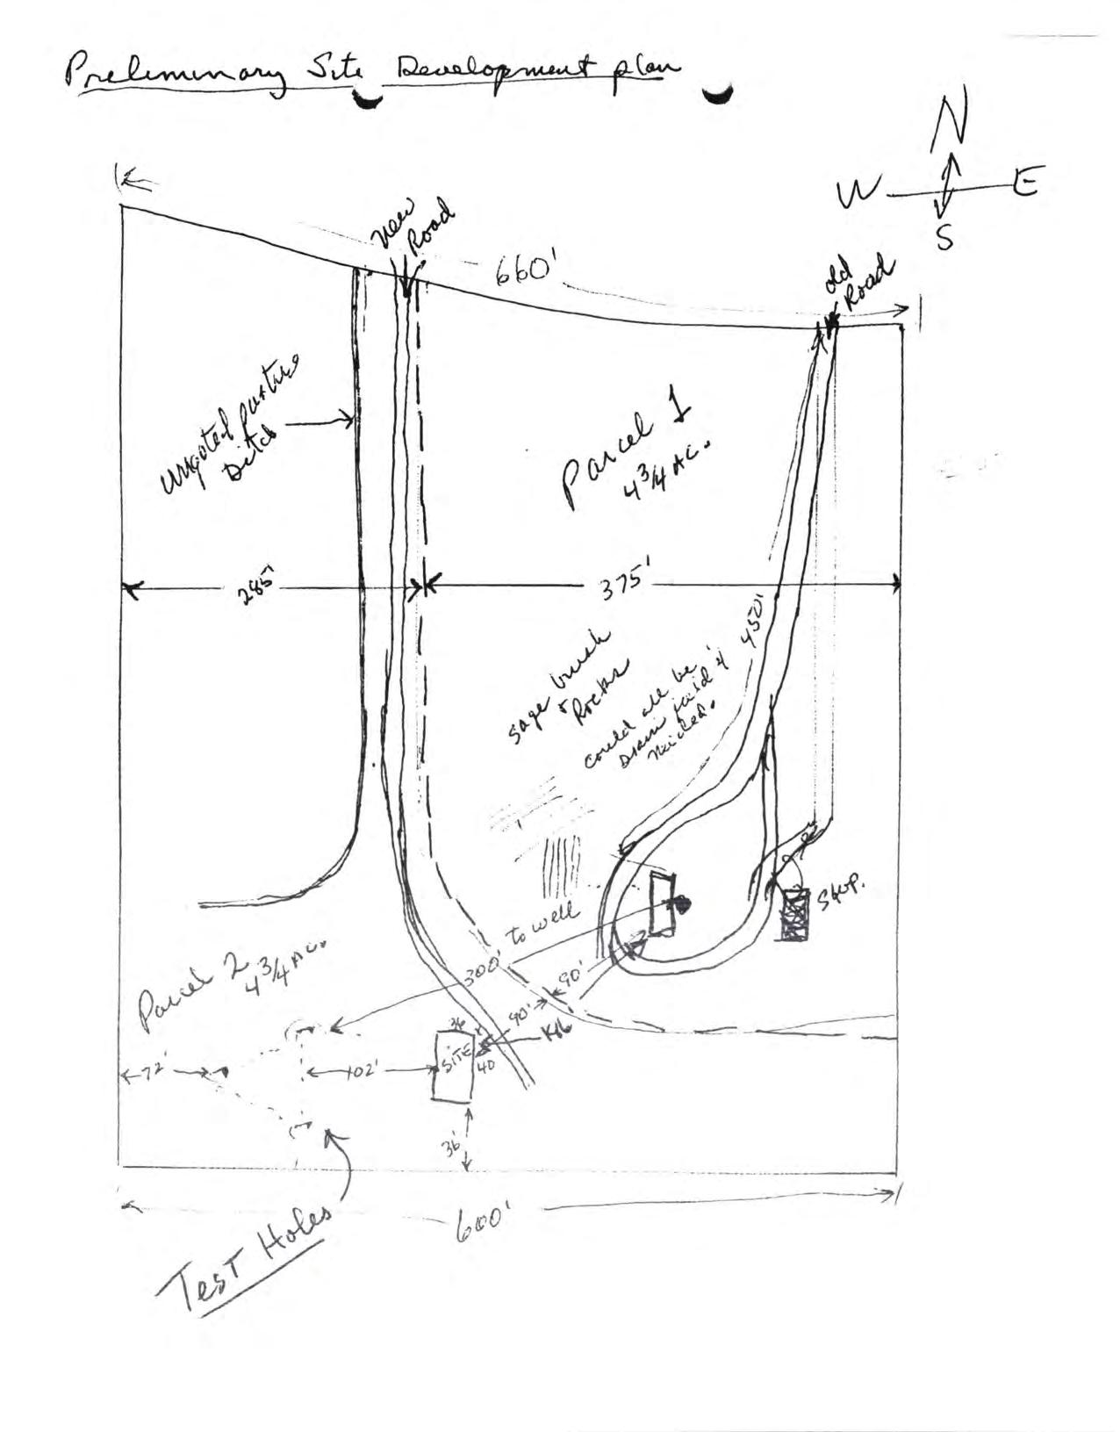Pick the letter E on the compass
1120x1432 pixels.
(x=1023, y=182)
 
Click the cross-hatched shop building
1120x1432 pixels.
(x=796, y=915)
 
